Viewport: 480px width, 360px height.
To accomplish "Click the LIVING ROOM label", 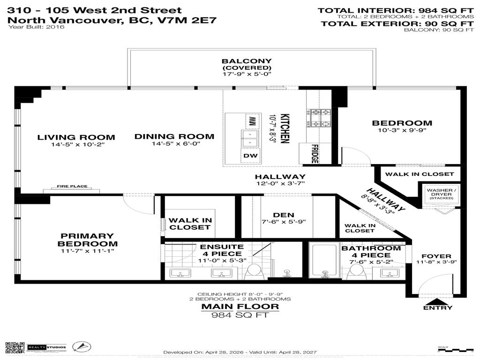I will pyautogui.click(x=76, y=137).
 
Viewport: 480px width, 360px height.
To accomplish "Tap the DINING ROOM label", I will pyautogui.click(x=174, y=136).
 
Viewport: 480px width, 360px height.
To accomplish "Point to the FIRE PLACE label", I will pyautogui.click(x=72, y=186).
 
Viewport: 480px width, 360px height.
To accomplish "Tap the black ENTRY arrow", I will pyautogui.click(x=438, y=301).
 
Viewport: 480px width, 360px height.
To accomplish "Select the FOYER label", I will pyautogui.click(x=436, y=256).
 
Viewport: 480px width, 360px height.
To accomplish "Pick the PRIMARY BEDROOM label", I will pyautogui.click(x=88, y=240).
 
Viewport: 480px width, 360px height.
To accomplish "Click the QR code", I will pyautogui.click(x=15, y=347).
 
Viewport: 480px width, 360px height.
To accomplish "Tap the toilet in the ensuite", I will pyautogui.click(x=254, y=270).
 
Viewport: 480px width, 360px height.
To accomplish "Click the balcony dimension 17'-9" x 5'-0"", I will pyautogui.click(x=247, y=74).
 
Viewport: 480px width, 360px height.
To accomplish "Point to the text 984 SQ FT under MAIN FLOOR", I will pyautogui.click(x=240, y=315).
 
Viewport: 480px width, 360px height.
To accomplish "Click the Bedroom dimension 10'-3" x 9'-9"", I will pyautogui.click(x=402, y=131).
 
